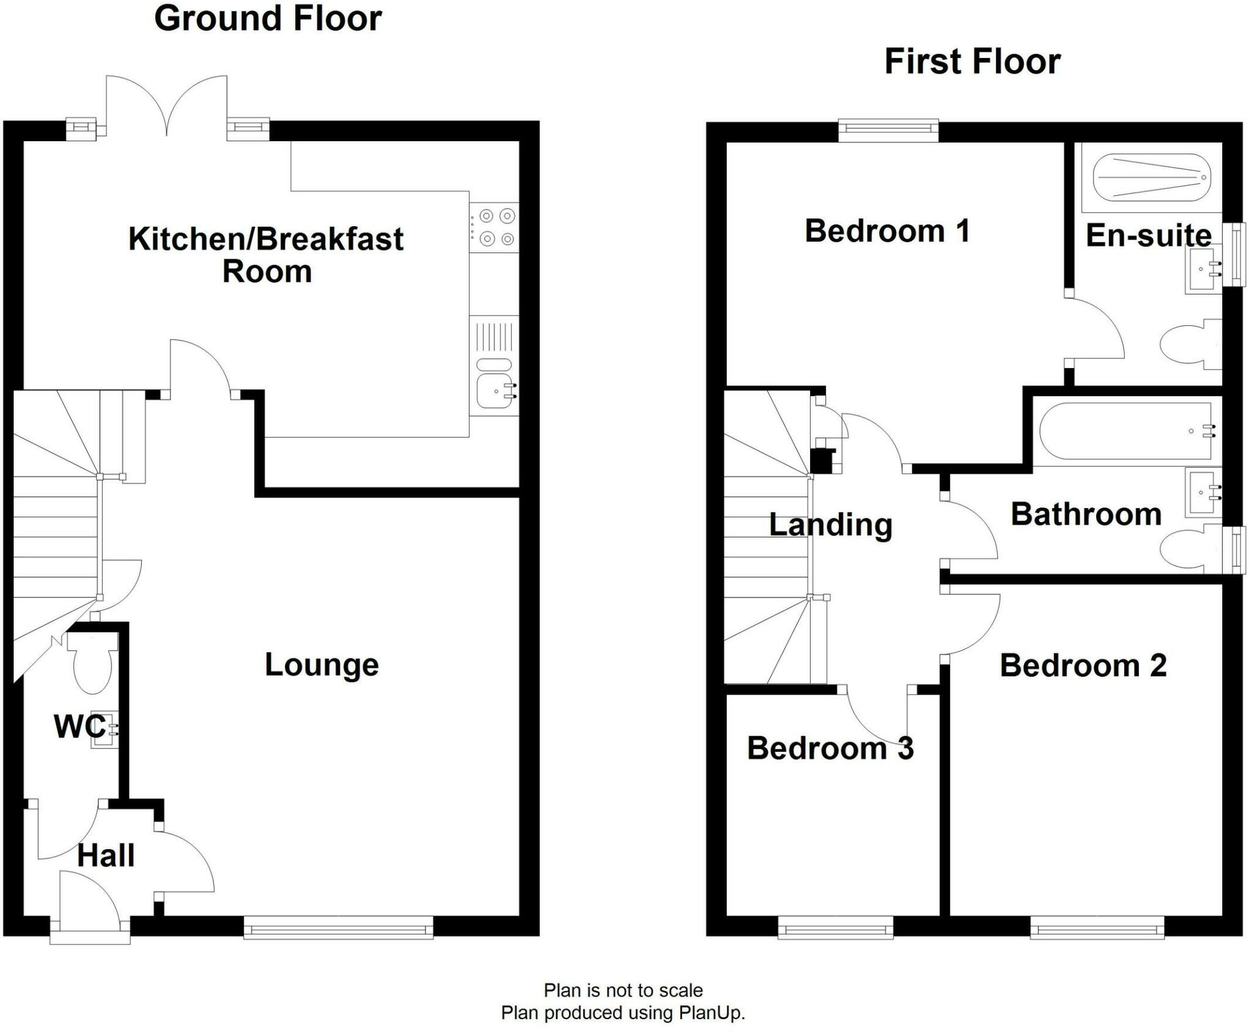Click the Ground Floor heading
(x=268, y=18)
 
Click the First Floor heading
(x=972, y=62)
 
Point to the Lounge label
(x=322, y=665)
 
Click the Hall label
(x=106, y=855)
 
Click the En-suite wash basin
(x=1203, y=269)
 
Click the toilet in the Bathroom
(x=1190, y=549)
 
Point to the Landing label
(x=830, y=525)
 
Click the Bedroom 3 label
(x=830, y=748)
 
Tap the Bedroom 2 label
(x=1083, y=665)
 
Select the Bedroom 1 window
(x=888, y=129)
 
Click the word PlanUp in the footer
(x=711, y=1013)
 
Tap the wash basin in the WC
(x=102, y=729)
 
